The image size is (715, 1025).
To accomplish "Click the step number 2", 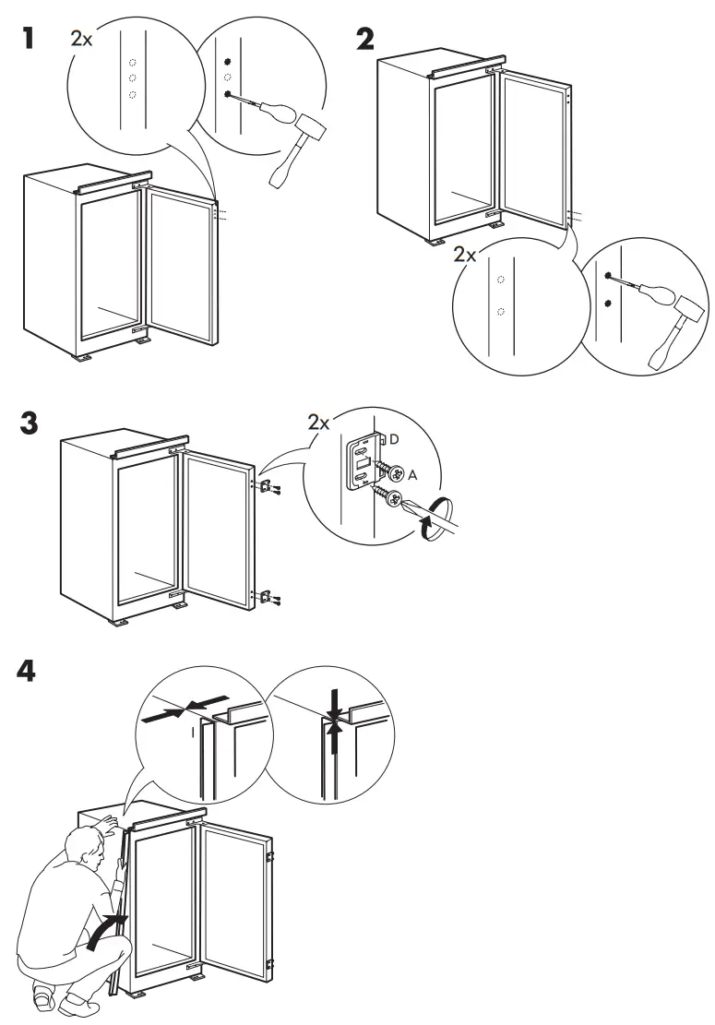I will [366, 42].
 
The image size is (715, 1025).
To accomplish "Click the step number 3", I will [30, 426].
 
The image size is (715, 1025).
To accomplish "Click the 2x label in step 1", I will [81, 41].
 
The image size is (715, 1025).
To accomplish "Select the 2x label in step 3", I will [318, 423].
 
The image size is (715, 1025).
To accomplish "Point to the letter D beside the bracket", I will [394, 440].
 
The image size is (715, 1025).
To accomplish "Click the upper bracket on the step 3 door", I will [265, 486].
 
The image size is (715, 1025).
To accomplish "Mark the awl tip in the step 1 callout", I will [228, 94].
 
